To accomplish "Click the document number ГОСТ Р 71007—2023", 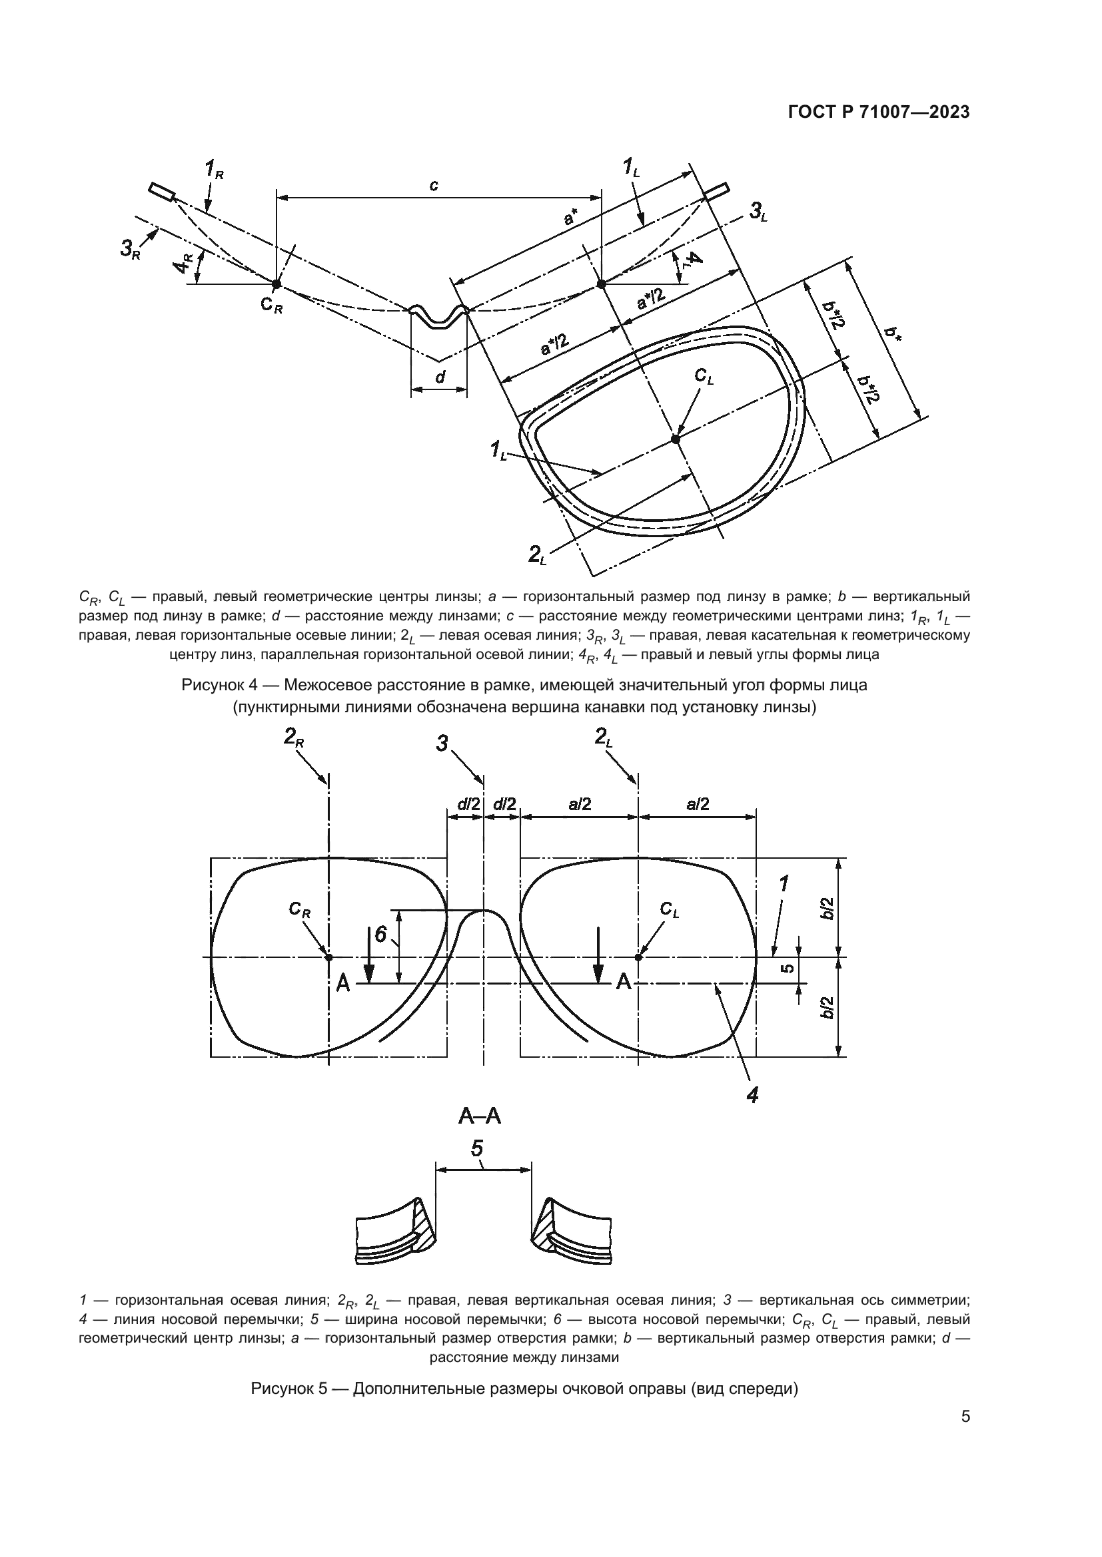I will (x=879, y=112).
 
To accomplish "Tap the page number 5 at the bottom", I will (x=965, y=1454).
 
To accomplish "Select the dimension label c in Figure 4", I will (x=434, y=184).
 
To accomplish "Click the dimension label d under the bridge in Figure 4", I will (x=440, y=376).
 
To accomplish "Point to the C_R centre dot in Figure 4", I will (x=276, y=284).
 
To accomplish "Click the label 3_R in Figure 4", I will (x=130, y=250).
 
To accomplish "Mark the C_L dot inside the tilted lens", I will (x=675, y=439).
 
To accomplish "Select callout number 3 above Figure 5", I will (x=442, y=745).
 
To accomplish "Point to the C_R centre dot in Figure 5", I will (x=328, y=957).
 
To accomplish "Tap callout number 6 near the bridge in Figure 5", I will (x=380, y=935).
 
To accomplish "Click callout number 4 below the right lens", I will (x=752, y=1094).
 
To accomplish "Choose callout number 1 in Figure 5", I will (x=784, y=884).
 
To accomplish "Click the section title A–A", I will (x=480, y=1116).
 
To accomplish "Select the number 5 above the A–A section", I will (x=477, y=1149).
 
